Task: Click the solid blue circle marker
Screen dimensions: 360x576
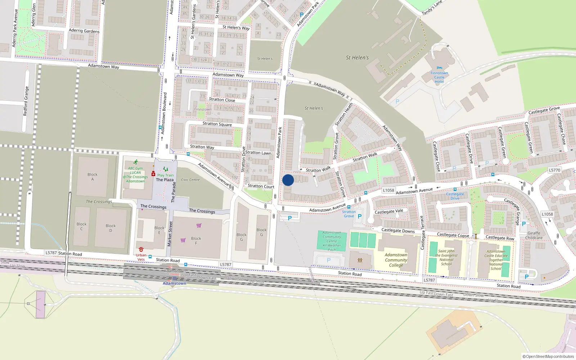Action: (288, 180)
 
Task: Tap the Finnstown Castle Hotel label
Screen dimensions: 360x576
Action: (439, 77)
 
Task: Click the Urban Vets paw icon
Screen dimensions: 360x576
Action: (141, 249)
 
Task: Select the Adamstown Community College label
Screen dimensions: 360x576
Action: (396, 260)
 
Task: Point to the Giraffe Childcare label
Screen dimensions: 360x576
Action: (534, 235)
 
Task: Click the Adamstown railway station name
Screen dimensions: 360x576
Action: (175, 283)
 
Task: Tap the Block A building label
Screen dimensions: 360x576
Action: (93, 177)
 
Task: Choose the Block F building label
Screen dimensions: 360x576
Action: (196, 240)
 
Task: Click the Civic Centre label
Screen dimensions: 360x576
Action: (190, 180)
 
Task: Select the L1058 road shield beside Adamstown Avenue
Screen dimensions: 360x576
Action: (388, 190)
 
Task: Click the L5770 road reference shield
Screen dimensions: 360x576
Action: (554, 170)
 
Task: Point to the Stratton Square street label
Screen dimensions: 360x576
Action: (217, 124)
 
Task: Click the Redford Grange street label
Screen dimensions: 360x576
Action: (26, 101)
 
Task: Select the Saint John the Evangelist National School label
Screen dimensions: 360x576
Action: (446, 257)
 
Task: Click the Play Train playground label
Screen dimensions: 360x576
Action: (165, 175)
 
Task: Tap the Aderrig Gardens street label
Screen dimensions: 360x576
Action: (84, 31)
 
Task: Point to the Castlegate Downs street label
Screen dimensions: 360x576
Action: (398, 230)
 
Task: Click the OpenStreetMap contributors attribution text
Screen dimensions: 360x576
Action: (548, 357)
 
